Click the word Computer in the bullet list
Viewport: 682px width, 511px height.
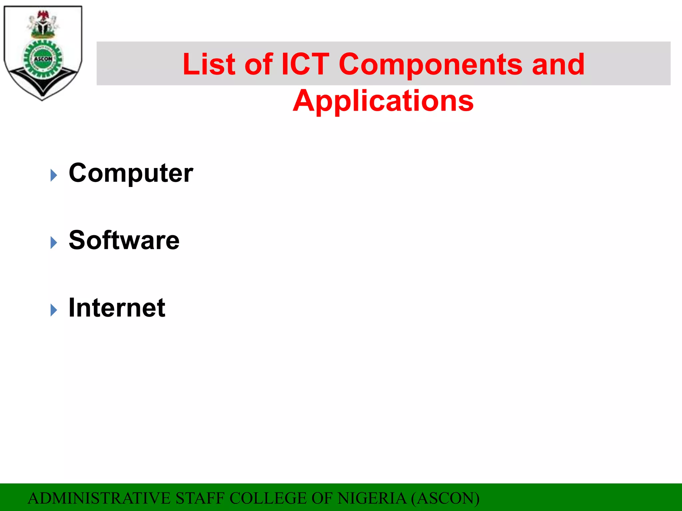[x=131, y=173]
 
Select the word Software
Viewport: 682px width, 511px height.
[x=124, y=240]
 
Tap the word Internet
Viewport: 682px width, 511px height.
[x=117, y=308]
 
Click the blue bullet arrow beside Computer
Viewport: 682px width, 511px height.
[x=54, y=175]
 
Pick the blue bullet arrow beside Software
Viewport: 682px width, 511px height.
[x=54, y=243]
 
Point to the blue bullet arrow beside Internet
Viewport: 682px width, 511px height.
[x=54, y=310]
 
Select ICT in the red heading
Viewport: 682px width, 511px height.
[x=305, y=64]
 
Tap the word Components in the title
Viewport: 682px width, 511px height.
[x=431, y=64]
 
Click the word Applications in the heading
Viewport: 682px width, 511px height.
[x=383, y=101]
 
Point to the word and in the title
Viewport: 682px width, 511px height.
[x=558, y=64]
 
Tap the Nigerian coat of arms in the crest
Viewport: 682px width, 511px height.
[x=43, y=24]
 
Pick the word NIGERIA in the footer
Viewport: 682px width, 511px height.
[x=372, y=498]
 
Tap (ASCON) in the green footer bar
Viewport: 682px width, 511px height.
[x=445, y=498]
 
